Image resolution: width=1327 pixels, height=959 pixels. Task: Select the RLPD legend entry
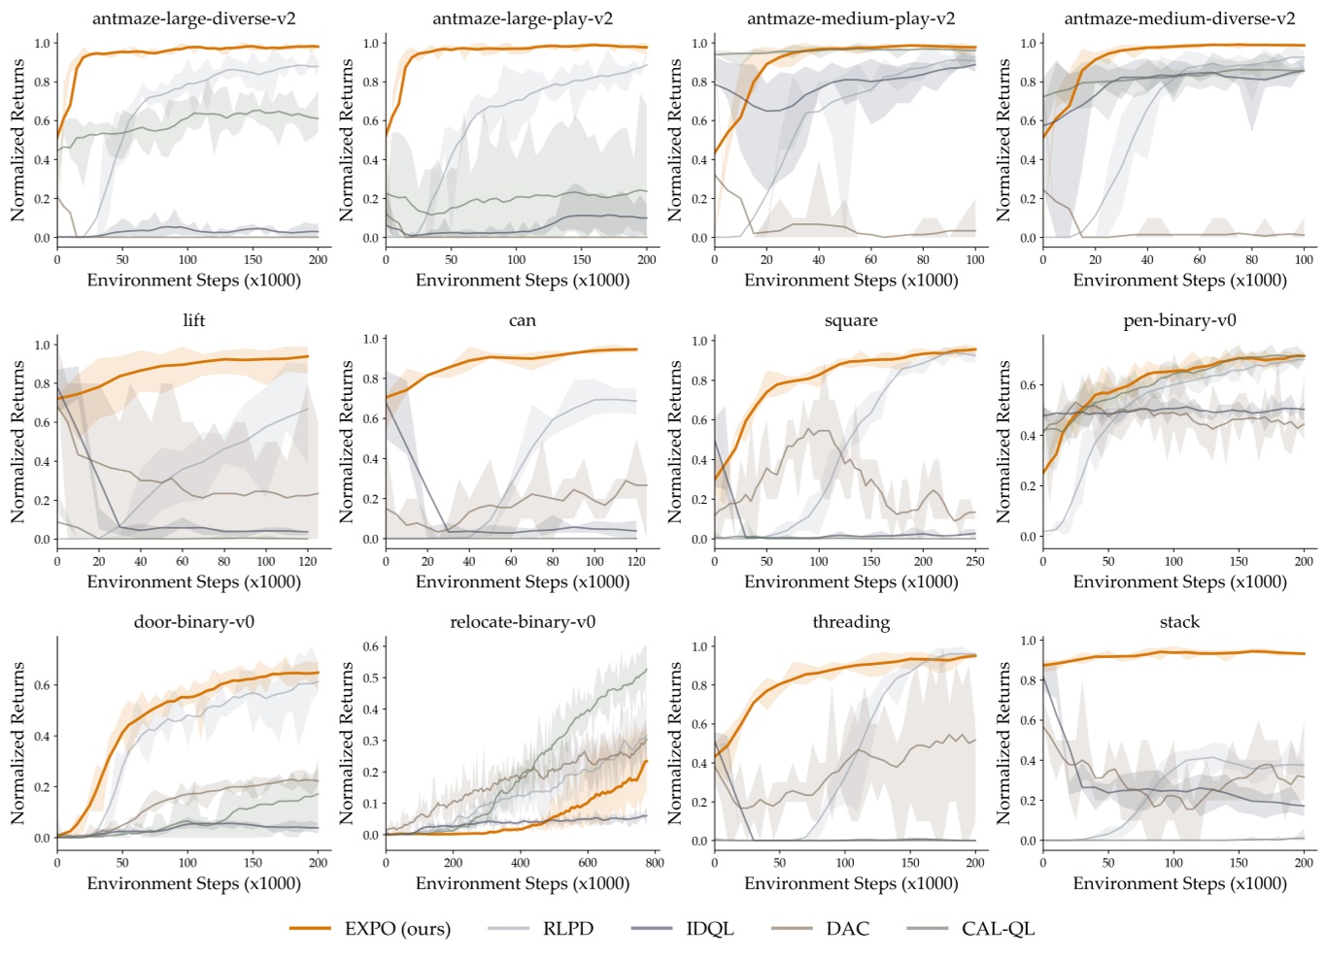point(567,929)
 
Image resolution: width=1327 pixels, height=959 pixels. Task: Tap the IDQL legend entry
point(709,929)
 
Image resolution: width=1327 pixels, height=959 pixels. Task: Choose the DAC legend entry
point(847,929)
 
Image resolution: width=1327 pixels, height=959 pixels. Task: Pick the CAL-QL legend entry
point(998,929)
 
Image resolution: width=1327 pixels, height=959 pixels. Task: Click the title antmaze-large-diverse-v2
point(194,18)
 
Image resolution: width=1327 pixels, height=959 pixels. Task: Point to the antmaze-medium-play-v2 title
point(851,18)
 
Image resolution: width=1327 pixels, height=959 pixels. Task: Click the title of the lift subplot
point(194,320)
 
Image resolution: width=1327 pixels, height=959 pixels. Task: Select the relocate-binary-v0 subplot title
point(523,622)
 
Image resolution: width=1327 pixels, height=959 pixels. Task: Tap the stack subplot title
point(1179,622)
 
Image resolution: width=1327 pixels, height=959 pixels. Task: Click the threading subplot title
point(851,622)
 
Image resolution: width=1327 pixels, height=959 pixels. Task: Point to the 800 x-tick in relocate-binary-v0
point(655,862)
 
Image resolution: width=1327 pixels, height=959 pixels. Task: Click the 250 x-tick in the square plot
point(975,561)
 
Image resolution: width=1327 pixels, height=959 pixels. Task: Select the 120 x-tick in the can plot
point(636,561)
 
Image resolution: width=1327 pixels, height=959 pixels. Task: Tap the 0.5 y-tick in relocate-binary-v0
point(371,678)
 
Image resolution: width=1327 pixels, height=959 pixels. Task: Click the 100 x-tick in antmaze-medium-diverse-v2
point(1304,259)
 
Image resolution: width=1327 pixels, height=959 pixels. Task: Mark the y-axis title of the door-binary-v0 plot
point(17,744)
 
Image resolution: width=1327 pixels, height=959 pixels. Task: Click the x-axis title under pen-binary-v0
point(1179,582)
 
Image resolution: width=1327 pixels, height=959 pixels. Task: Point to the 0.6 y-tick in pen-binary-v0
point(1027,385)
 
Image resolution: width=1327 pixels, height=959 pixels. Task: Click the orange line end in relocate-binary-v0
point(647,761)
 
